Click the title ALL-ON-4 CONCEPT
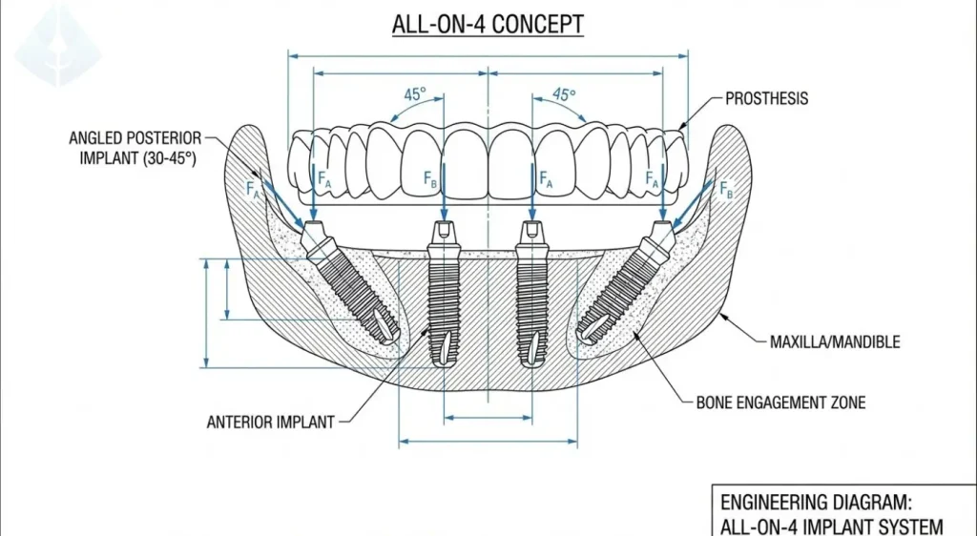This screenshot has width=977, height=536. [488, 25]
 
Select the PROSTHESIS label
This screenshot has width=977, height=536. [766, 98]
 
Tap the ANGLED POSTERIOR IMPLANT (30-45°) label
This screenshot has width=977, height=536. [135, 149]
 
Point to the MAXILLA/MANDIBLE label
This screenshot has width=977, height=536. [834, 341]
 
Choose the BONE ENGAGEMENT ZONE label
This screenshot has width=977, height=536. [780, 402]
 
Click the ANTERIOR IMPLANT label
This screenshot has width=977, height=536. [270, 422]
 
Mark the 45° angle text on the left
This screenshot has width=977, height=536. [415, 95]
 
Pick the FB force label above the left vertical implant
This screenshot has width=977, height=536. [431, 177]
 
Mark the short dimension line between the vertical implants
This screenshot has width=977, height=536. [488, 418]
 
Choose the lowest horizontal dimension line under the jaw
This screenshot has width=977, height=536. [488, 442]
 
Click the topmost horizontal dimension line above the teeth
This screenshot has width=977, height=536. [488, 54]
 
